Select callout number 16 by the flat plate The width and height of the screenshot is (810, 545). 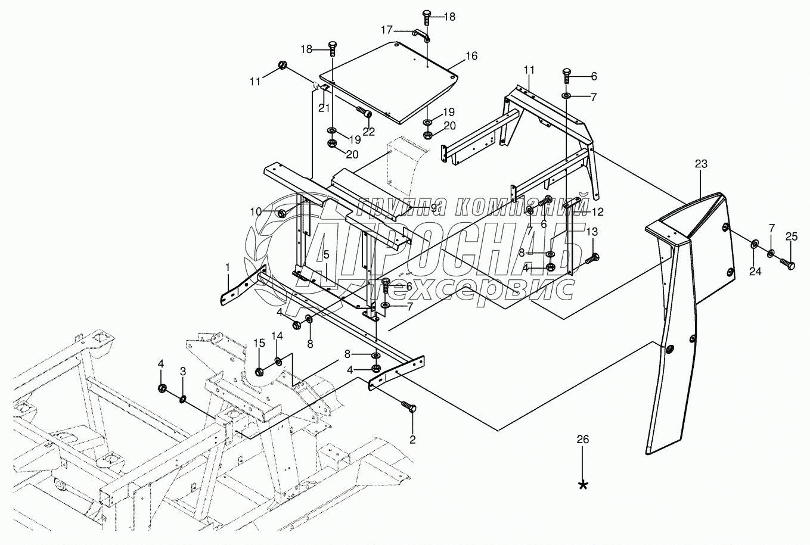(471, 56)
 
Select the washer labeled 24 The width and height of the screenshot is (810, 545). (754, 244)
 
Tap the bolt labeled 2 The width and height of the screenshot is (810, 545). (411, 408)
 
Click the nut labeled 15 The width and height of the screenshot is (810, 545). (260, 372)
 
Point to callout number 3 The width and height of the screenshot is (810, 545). (183, 370)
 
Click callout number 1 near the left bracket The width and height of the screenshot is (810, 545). (227, 269)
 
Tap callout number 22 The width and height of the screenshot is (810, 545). (370, 131)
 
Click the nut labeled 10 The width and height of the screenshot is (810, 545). (283, 213)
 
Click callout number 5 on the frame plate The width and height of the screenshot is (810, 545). (326, 256)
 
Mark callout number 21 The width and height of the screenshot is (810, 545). (324, 107)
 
